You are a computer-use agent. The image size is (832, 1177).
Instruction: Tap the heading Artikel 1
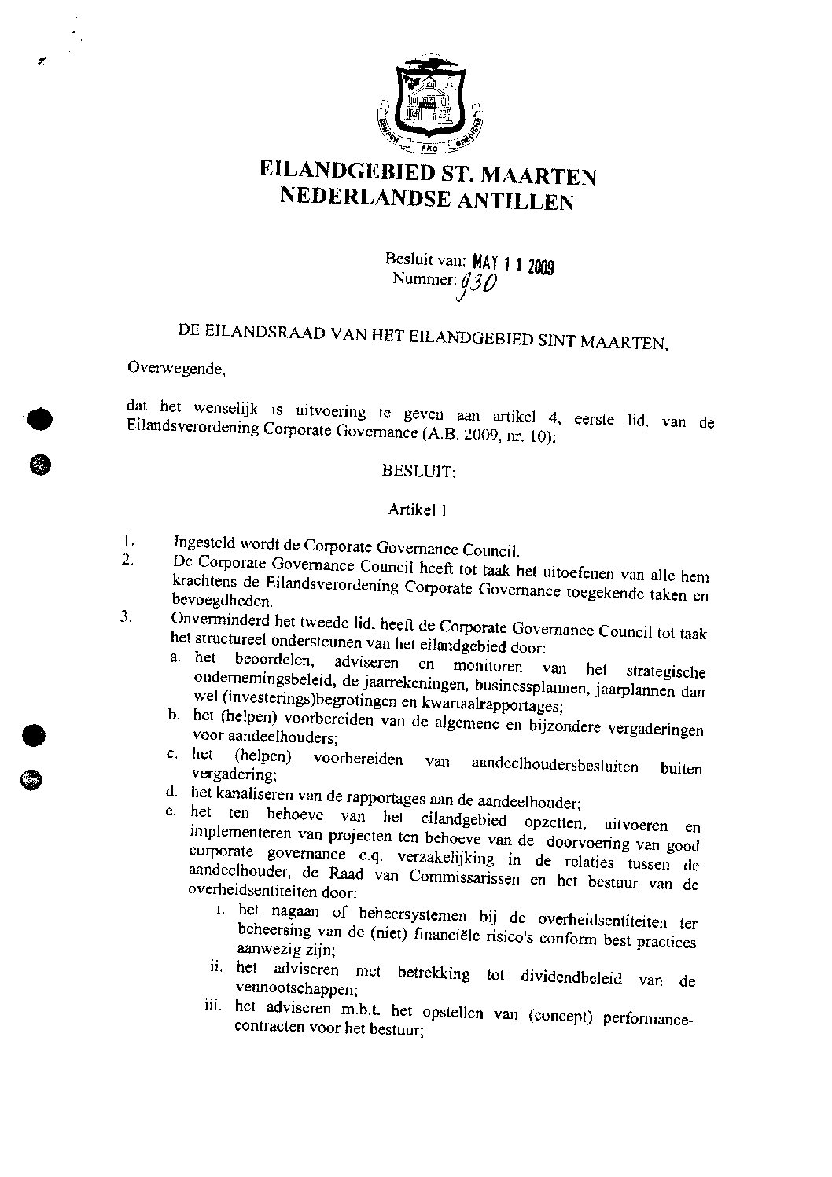click(x=418, y=509)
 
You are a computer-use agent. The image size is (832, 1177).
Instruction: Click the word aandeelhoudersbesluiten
click(x=554, y=765)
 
